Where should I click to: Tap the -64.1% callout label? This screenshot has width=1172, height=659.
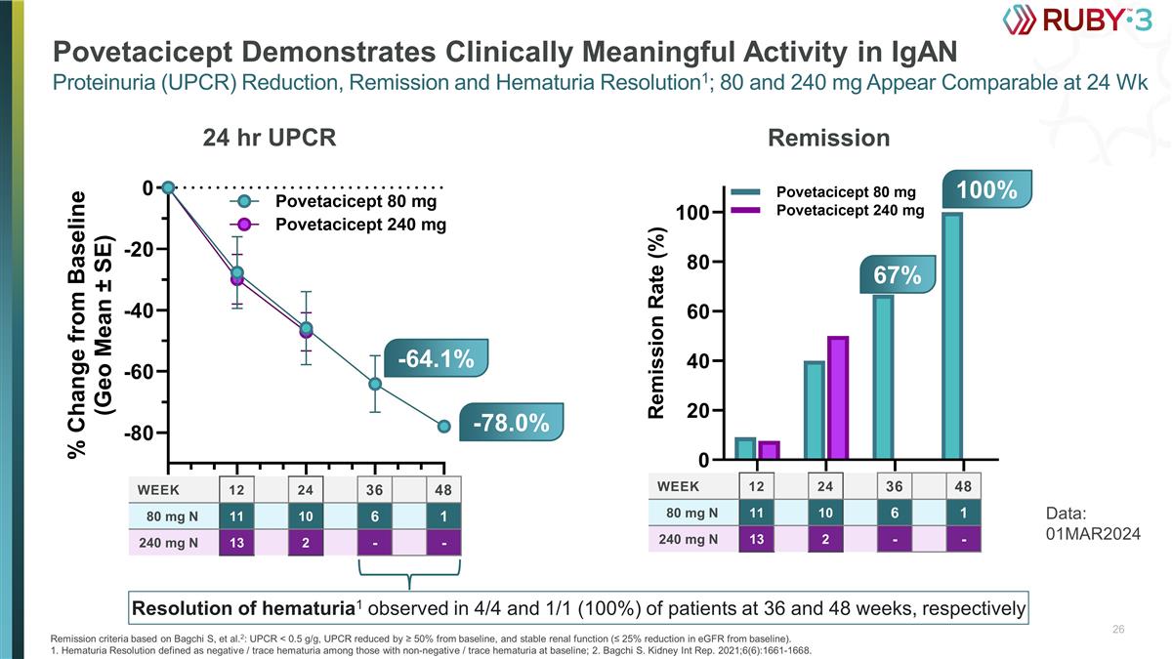pyautogui.click(x=435, y=359)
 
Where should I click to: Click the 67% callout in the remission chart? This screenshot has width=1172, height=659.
pyautogui.click(x=897, y=275)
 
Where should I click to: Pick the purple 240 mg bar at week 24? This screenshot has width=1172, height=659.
pyautogui.click(x=838, y=397)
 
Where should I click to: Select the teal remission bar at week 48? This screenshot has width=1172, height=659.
pyautogui.click(x=953, y=336)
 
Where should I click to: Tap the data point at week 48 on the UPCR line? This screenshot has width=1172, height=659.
pyautogui.click(x=443, y=426)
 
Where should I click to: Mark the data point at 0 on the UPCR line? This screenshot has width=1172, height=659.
pyautogui.click(x=168, y=186)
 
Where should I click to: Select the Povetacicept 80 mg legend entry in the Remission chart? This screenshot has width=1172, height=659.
pyautogui.click(x=846, y=192)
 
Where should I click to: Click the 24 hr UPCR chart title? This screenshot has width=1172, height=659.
pyautogui.click(x=269, y=139)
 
